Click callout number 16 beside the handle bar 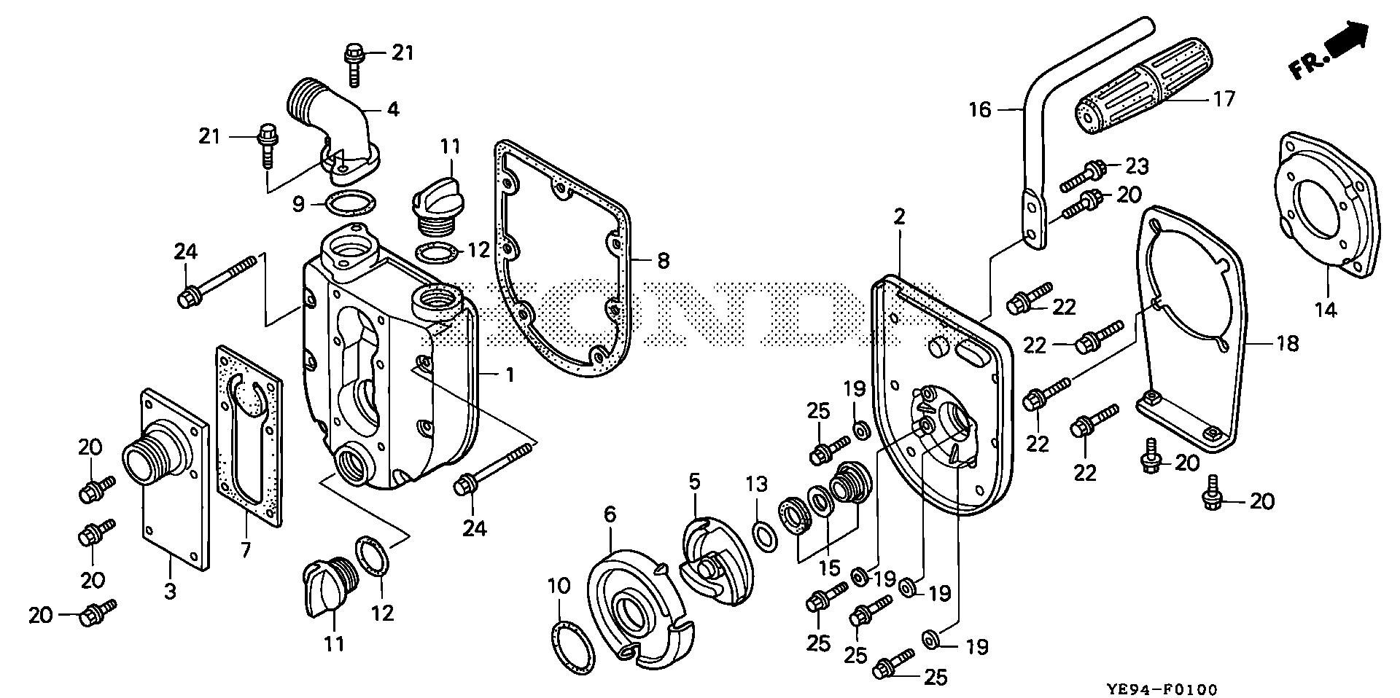click(981, 109)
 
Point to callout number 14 click(1325, 309)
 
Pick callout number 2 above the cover click(899, 216)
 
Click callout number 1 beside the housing click(510, 375)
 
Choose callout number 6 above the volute click(610, 514)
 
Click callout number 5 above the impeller click(693, 482)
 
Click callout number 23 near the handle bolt click(1137, 166)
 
